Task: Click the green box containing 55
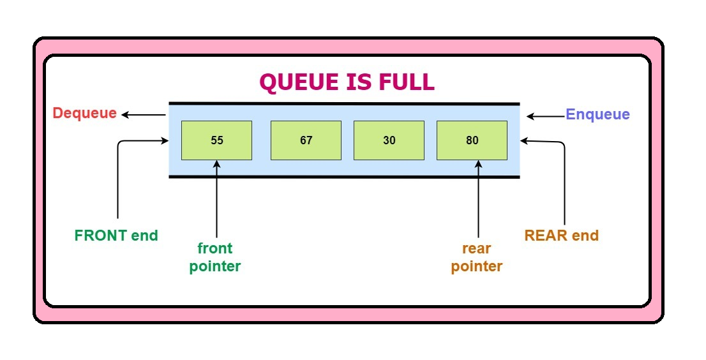[x=216, y=140]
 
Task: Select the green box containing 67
[x=306, y=140]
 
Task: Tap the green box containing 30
[x=389, y=140]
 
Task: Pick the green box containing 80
[x=472, y=140]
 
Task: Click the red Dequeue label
[x=85, y=114]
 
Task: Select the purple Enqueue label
[x=597, y=115]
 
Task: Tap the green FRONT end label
[x=116, y=236]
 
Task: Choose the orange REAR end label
[x=562, y=236]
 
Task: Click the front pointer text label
[x=215, y=257]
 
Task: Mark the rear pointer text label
[x=477, y=257]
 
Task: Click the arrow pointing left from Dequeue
[x=144, y=115]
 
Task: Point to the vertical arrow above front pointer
[x=217, y=198]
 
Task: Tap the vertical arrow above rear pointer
[x=478, y=198]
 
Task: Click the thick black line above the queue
[x=344, y=103]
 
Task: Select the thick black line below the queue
[x=344, y=177]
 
